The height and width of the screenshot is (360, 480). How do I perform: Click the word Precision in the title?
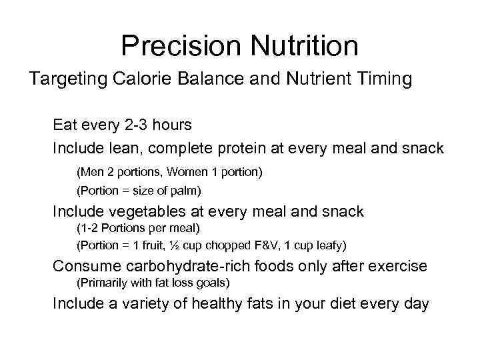(x=175, y=46)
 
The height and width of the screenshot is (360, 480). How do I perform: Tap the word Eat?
(x=65, y=125)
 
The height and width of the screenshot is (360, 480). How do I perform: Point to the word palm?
(x=185, y=191)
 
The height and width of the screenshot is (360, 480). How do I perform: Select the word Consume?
(x=83, y=266)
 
